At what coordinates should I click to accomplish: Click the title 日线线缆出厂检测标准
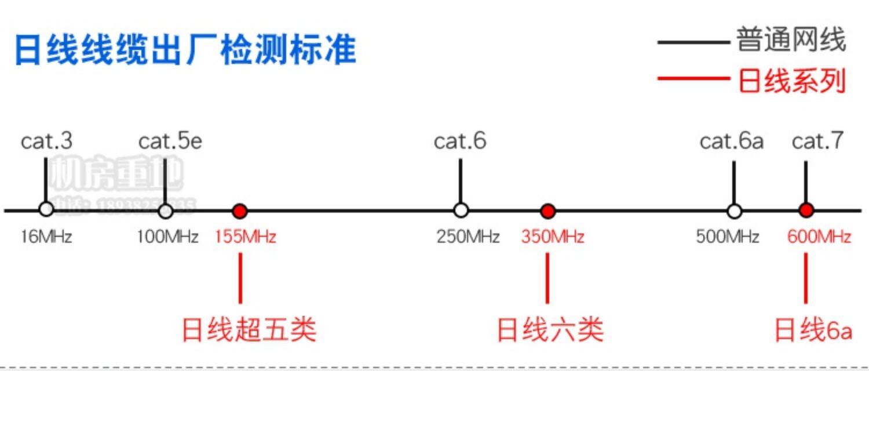pos(185,50)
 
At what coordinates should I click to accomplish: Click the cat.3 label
pos(47,141)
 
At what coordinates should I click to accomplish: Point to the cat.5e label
pos(170,141)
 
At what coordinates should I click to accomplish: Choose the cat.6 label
pos(460,141)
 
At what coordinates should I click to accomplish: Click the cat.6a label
pos(732,141)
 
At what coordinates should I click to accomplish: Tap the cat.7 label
pos(818,141)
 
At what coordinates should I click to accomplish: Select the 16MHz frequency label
pos(46,237)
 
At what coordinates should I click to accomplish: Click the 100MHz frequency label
pos(168,237)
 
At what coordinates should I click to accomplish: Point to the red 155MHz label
pos(245,237)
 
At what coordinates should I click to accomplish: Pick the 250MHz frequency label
pos(468,237)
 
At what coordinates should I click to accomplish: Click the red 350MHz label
pos(553,237)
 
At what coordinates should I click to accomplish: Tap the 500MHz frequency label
pos(728,237)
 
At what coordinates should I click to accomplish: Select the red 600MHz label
pos(819,237)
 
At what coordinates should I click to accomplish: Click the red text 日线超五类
pos(249,330)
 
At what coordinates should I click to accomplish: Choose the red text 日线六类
pos(550,330)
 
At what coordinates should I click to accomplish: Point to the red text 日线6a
pos(813,330)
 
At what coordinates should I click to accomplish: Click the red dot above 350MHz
pos(547,210)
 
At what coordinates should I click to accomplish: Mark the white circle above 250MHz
pos(461,210)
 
